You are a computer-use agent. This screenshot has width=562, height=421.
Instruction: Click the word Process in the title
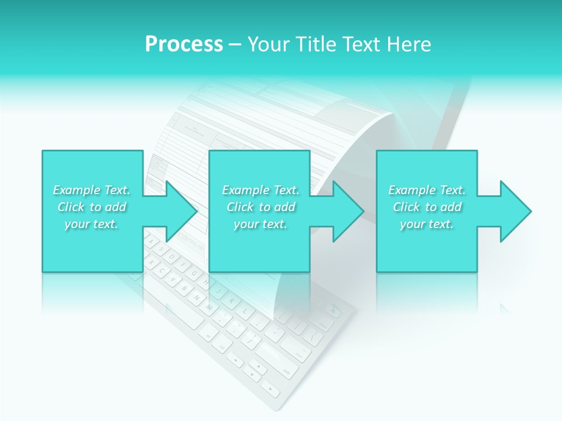coord(184,44)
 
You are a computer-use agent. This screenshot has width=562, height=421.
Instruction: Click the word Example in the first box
coord(77,190)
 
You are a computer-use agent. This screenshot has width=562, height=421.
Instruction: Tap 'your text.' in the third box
coord(426,224)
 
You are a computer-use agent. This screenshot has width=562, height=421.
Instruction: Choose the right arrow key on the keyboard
coord(270,388)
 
